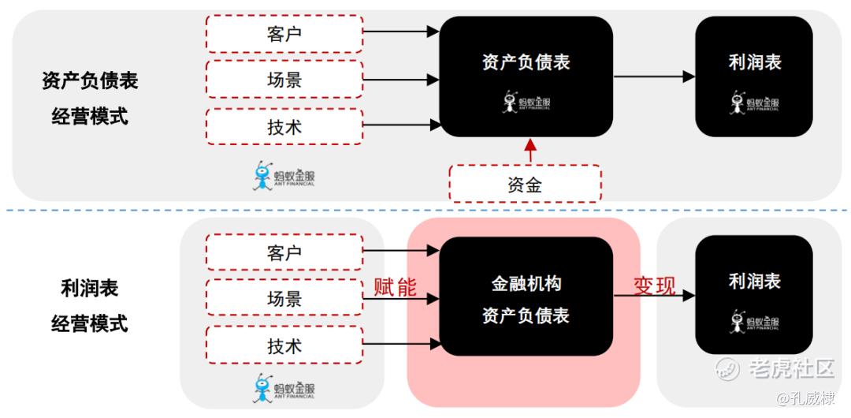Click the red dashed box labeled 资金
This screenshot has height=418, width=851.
pos(525,184)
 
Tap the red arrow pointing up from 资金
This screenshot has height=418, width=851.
pos(530,151)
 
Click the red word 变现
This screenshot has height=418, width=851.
pos(655,286)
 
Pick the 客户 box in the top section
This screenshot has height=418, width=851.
pos(284,34)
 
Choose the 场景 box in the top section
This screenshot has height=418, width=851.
pos(284,80)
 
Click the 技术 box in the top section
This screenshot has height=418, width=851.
pos(284,126)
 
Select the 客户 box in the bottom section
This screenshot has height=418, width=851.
pos(284,253)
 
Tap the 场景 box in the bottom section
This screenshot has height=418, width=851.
pos(284,299)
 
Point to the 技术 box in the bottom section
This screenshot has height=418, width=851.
pos(284,345)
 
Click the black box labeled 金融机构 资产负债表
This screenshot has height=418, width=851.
pos(526,297)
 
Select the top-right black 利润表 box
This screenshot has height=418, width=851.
pos(754,76)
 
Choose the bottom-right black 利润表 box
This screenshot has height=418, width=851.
pos(754,295)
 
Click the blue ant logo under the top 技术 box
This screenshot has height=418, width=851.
pos(284,175)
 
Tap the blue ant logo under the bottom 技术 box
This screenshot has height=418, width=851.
pos(284,387)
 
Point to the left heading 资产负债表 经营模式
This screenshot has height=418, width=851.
pos(89,99)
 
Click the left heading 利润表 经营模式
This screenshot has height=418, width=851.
pos(89,306)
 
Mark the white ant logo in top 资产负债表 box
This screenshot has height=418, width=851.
pos(525,102)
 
